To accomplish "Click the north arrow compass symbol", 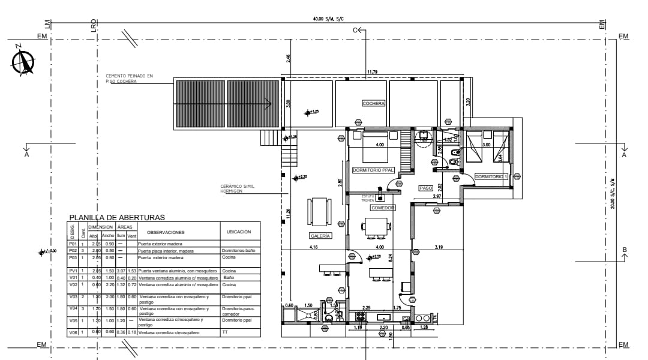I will point(23,60).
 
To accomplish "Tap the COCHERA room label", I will point(373,103).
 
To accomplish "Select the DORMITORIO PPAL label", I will point(373,170).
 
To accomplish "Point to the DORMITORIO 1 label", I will point(491,176).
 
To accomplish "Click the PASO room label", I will point(426,188).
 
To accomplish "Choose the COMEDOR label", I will point(382,208).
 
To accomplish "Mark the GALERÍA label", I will point(320,236).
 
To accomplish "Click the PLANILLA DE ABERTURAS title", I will point(117,217).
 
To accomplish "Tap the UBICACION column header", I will point(239,232).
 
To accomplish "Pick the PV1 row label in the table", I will point(73,271).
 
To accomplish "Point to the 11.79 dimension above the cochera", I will point(372,73).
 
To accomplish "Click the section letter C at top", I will point(355,29).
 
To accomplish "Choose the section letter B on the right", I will point(625,250).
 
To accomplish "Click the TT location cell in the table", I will point(224,332).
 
